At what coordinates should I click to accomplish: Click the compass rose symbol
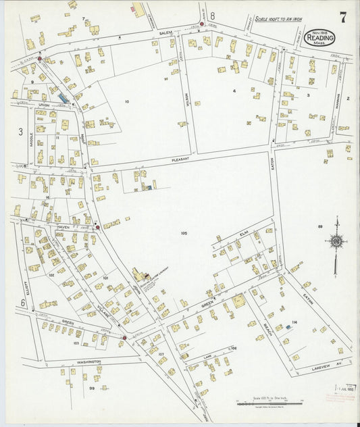336,242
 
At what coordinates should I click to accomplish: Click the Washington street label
88,361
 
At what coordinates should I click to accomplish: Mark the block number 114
294,322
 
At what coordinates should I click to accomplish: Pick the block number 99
91,388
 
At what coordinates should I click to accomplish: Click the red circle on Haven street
98,228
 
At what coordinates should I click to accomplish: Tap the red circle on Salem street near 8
201,24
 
